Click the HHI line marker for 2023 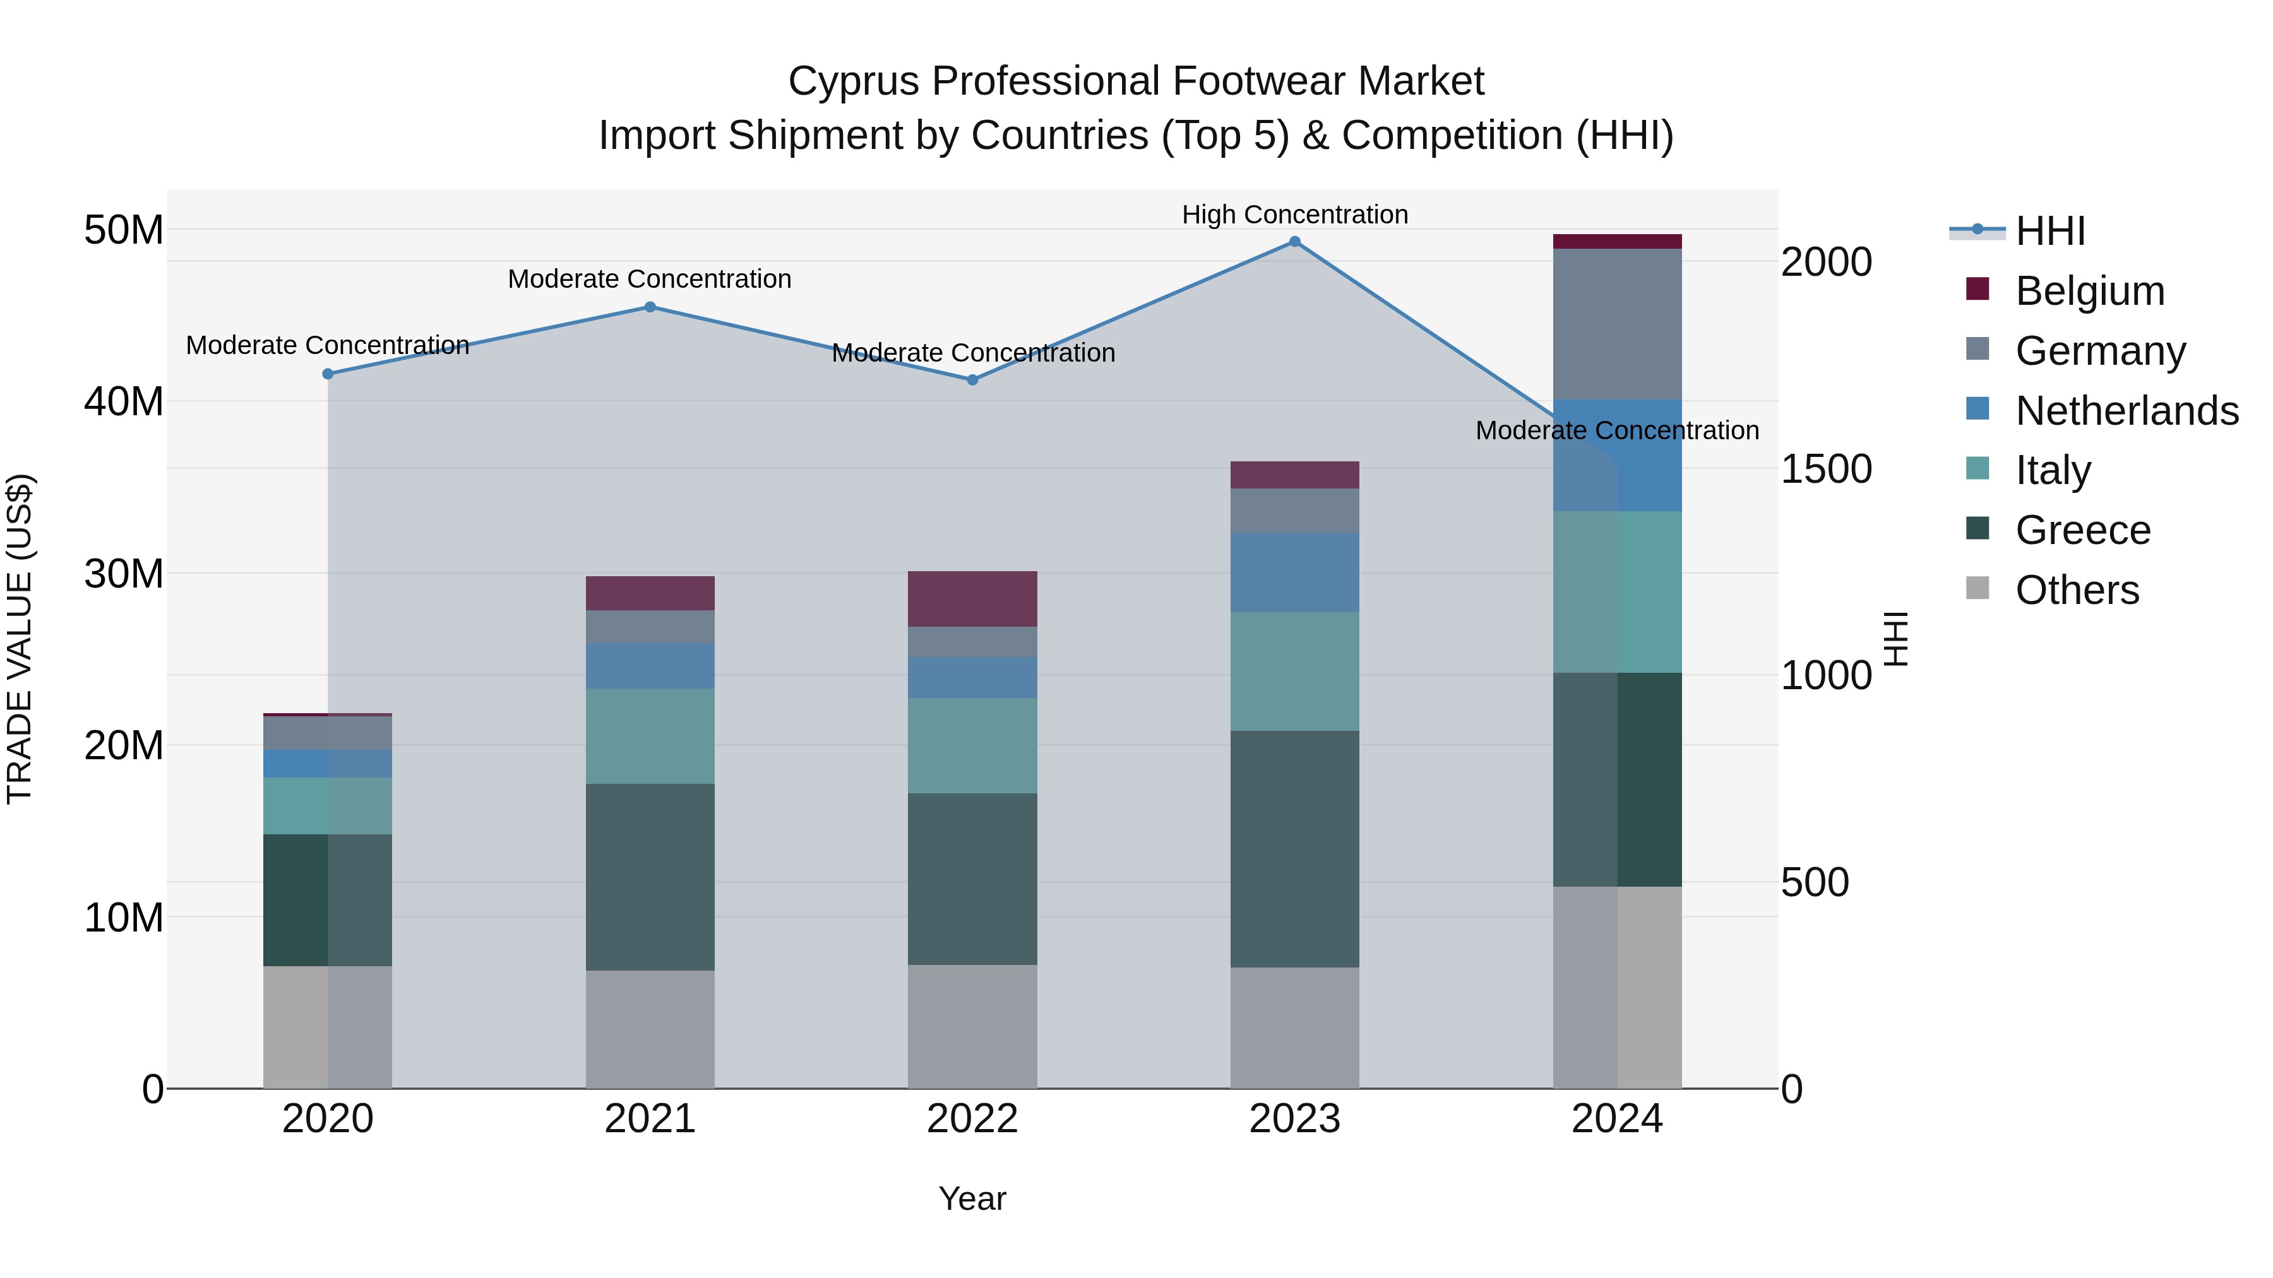coord(1294,242)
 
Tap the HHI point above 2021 coord(650,307)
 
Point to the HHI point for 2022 coord(972,380)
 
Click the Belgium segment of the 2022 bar coord(972,599)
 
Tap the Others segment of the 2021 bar coord(650,1029)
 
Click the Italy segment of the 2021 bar coord(650,736)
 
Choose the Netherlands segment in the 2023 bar coord(1294,572)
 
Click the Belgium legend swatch coord(1978,289)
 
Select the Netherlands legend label coord(2127,411)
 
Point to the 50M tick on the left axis coord(124,230)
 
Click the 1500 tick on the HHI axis coord(1825,469)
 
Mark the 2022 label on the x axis coord(972,1119)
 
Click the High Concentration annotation coord(1294,215)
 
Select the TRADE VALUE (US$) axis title coord(20,639)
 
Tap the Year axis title coord(972,1198)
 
